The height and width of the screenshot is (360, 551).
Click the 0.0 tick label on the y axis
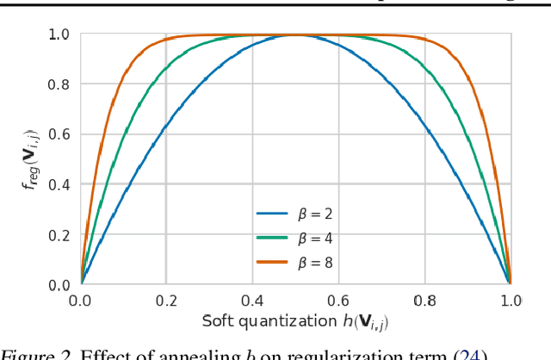click(59, 285)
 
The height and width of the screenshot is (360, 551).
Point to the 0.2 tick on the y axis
click(59, 235)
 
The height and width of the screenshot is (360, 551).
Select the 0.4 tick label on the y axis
click(59, 185)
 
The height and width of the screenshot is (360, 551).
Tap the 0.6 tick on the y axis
click(59, 135)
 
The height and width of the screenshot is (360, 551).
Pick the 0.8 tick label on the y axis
click(59, 85)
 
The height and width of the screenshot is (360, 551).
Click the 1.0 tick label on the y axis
click(59, 35)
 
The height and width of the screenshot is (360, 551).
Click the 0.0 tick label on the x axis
click(80, 301)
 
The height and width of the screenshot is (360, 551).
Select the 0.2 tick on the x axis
click(166, 301)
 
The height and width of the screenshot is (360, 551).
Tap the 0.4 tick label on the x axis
click(252, 301)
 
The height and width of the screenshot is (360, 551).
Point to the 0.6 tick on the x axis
click(338, 301)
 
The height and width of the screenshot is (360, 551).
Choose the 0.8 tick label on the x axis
click(424, 301)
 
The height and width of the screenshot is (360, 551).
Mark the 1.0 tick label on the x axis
click(510, 301)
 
